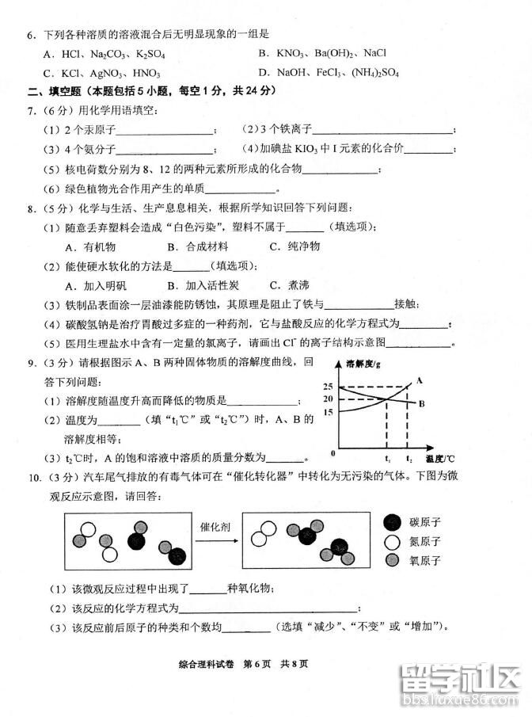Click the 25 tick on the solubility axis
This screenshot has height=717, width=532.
328,386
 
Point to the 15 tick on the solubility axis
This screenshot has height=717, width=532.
328,411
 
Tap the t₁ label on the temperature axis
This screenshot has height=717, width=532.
387,459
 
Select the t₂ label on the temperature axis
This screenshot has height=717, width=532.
408,459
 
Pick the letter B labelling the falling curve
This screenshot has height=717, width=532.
422,403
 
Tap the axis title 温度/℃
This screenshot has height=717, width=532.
440,459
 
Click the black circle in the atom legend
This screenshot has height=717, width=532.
391,521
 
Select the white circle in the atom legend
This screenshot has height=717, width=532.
391,542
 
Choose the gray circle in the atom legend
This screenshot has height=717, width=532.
391,561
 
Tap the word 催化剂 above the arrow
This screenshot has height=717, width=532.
213,525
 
